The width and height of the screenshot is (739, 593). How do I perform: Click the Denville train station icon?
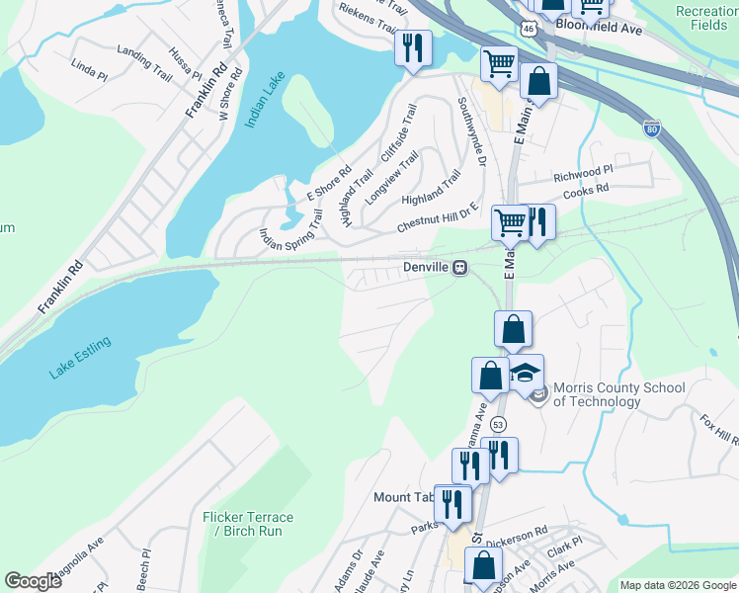[459, 268]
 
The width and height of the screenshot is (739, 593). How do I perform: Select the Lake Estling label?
[80, 358]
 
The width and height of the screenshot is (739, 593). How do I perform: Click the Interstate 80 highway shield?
[651, 128]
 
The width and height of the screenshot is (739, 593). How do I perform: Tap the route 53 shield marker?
[499, 424]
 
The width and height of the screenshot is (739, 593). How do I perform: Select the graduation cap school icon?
[527, 372]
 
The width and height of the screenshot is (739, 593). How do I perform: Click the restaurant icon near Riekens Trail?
[412, 46]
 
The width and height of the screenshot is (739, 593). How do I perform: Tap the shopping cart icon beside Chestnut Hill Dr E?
[510, 222]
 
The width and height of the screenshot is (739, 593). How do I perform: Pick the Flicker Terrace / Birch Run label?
[248, 524]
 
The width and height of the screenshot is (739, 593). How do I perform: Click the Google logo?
[33, 581]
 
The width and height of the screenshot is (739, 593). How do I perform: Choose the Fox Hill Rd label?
[719, 431]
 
